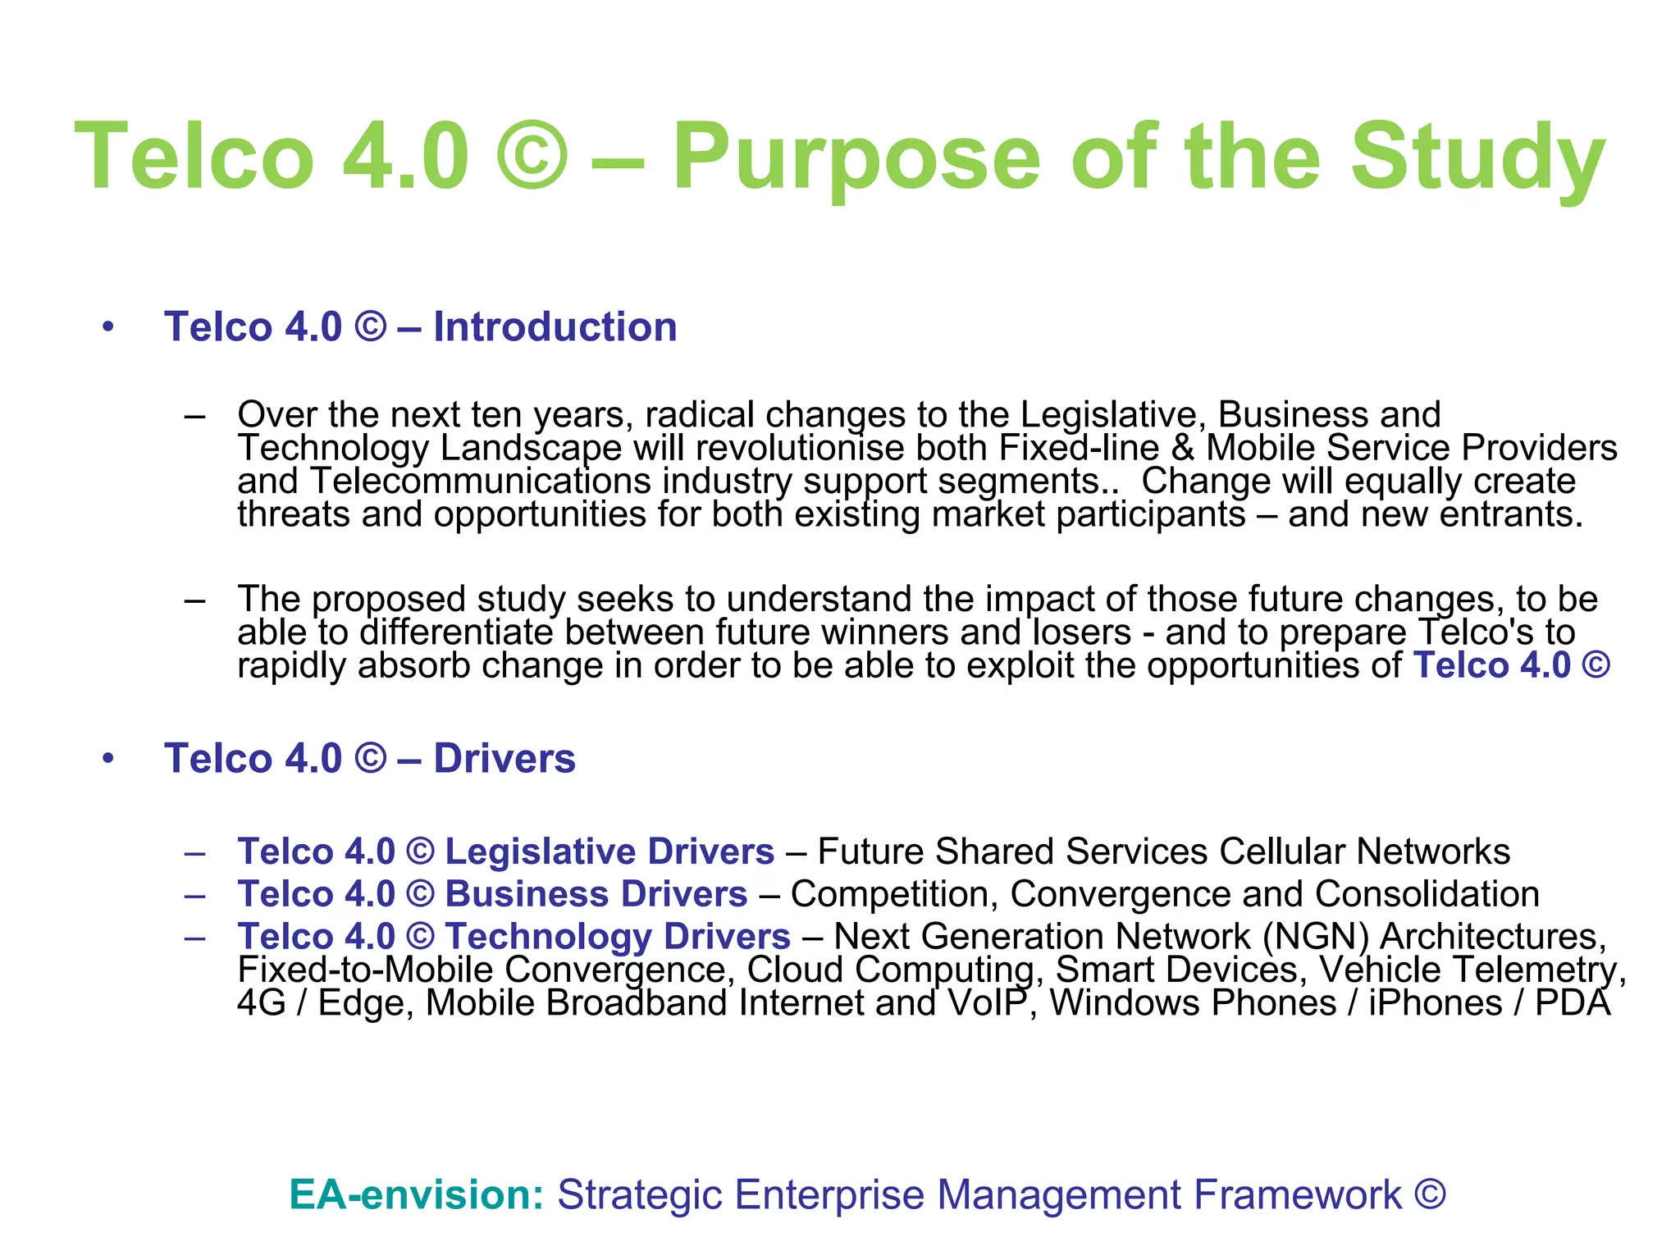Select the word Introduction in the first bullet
pyautogui.click(x=555, y=327)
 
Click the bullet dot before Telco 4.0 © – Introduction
pyautogui.click(x=108, y=327)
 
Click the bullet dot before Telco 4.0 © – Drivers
pyautogui.click(x=108, y=759)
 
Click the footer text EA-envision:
pyautogui.click(x=417, y=1194)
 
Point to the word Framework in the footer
pyautogui.click(x=1297, y=1194)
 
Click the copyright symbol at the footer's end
pyautogui.click(x=1430, y=1194)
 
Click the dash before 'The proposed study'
pyautogui.click(x=194, y=600)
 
